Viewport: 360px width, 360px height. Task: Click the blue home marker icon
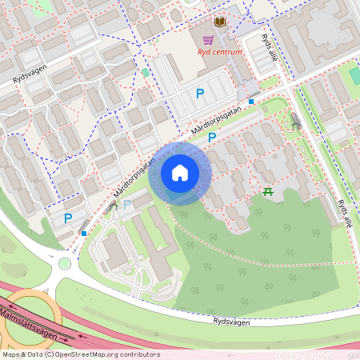pyautogui.click(x=180, y=174)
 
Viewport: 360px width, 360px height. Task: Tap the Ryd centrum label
pyautogui.click(x=220, y=54)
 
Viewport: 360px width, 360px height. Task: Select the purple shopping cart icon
pyautogui.click(x=208, y=40)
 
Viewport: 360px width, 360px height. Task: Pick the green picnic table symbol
pyautogui.click(x=268, y=190)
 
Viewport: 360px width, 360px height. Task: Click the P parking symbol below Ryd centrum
pyautogui.click(x=200, y=94)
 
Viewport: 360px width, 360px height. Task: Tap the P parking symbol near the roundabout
pyautogui.click(x=68, y=218)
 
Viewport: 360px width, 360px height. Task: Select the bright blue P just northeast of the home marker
pyautogui.click(x=212, y=138)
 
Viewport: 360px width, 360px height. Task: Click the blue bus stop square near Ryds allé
pyautogui.click(x=251, y=102)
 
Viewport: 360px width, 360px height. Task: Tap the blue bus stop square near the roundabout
pyautogui.click(x=84, y=234)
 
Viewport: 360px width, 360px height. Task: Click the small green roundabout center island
pyautogui.click(x=65, y=263)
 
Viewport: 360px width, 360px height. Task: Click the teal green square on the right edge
pyautogui.click(x=354, y=75)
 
